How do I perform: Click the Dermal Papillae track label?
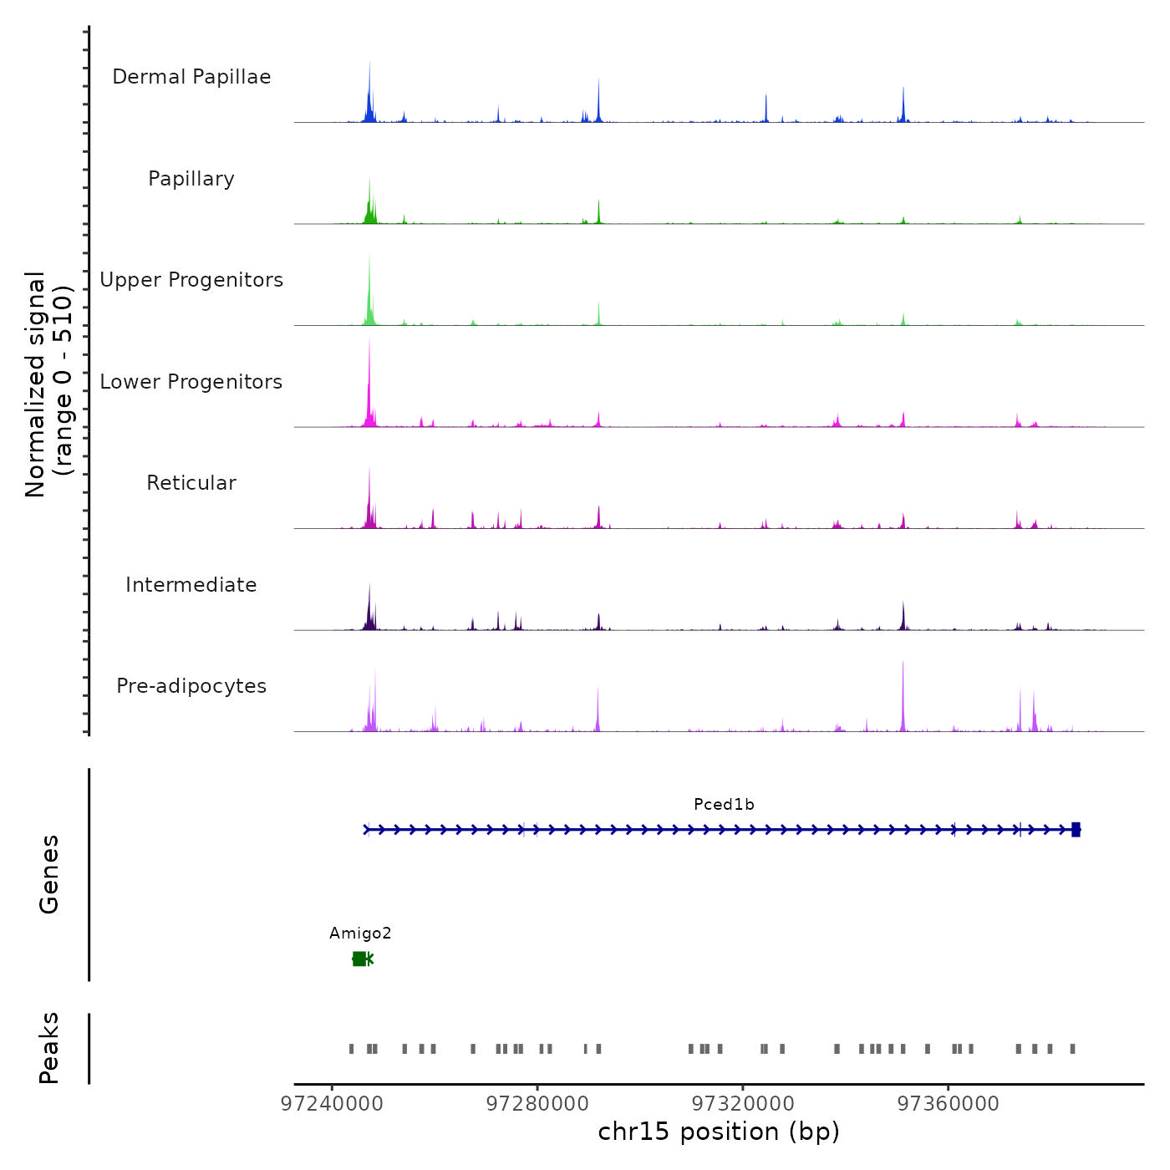[191, 77]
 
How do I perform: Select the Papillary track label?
[191, 179]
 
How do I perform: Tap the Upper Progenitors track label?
[191, 280]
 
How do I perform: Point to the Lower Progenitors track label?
[191, 382]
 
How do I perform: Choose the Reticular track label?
[191, 483]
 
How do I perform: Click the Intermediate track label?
[191, 585]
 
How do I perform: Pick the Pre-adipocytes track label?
[191, 686]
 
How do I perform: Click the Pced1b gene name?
[724, 805]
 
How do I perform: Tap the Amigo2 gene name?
[360, 933]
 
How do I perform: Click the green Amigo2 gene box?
[359, 959]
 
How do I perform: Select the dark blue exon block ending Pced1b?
[1076, 830]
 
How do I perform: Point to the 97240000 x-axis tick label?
[332, 1104]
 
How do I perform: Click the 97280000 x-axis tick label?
[537, 1104]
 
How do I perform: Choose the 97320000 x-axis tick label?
[743, 1104]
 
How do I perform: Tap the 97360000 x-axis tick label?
[949, 1104]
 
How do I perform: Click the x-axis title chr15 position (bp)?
[719, 1132]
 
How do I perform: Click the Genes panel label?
[49, 874]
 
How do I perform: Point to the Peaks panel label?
[49, 1048]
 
